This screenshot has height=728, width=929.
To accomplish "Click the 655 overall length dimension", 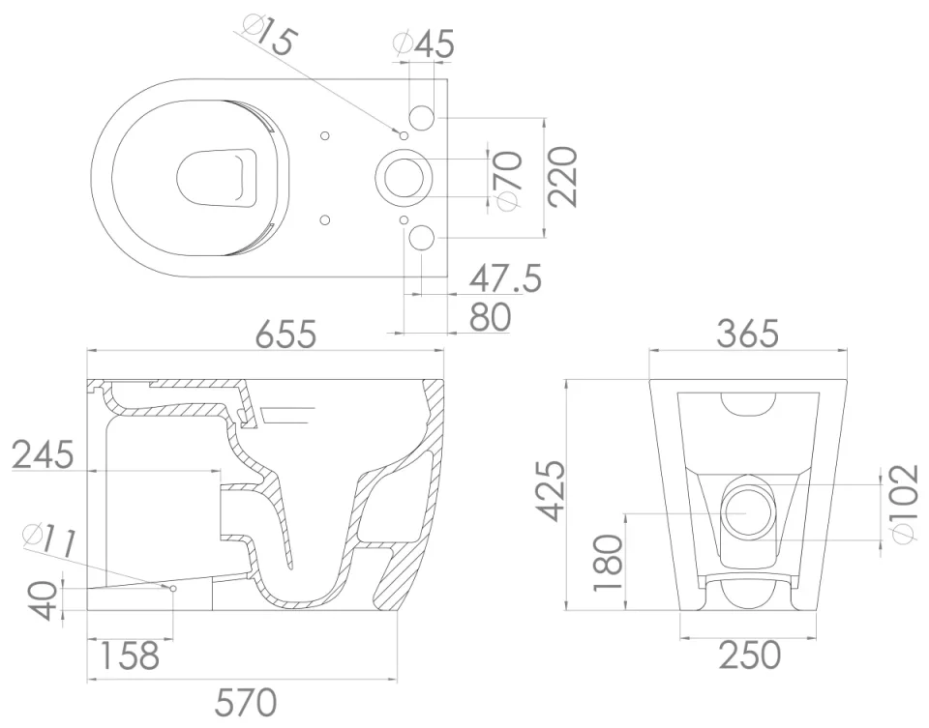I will (285, 334).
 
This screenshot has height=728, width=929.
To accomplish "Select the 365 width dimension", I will (747, 334).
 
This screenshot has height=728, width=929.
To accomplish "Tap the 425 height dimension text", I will (554, 490).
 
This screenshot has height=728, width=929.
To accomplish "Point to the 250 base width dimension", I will (750, 655).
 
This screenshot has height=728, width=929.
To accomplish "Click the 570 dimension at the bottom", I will (245, 701).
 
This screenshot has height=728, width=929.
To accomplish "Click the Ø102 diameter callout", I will (901, 504).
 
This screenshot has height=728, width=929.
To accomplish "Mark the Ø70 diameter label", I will (509, 180).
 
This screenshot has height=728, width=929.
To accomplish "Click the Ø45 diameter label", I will (424, 43).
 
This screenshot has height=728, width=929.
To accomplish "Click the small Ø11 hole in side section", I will (172, 587).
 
